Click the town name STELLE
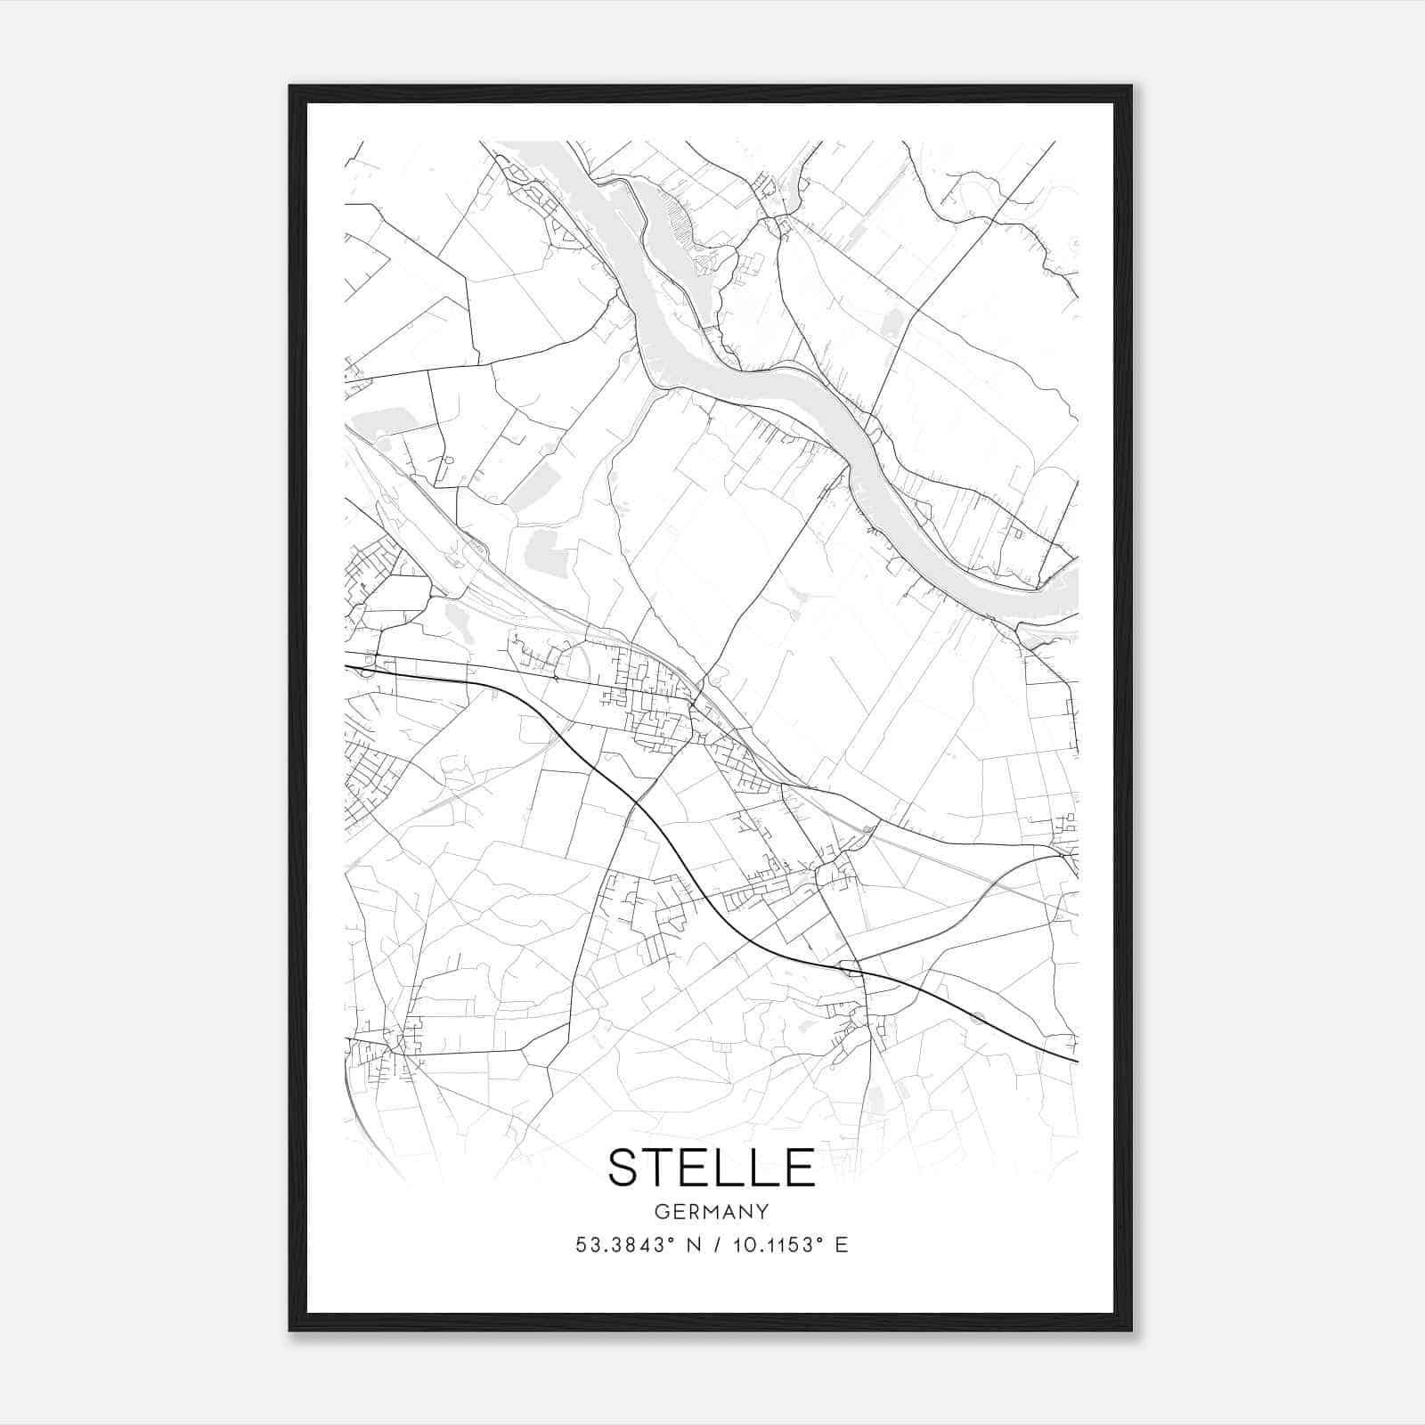click(x=711, y=1168)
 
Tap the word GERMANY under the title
click(x=712, y=1212)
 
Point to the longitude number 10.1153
click(x=771, y=1245)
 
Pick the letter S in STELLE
click(x=625, y=1168)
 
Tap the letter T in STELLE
click(x=664, y=1168)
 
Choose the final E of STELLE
click(x=800, y=1168)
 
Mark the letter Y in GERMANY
click(x=762, y=1212)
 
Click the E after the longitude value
click(x=841, y=1245)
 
